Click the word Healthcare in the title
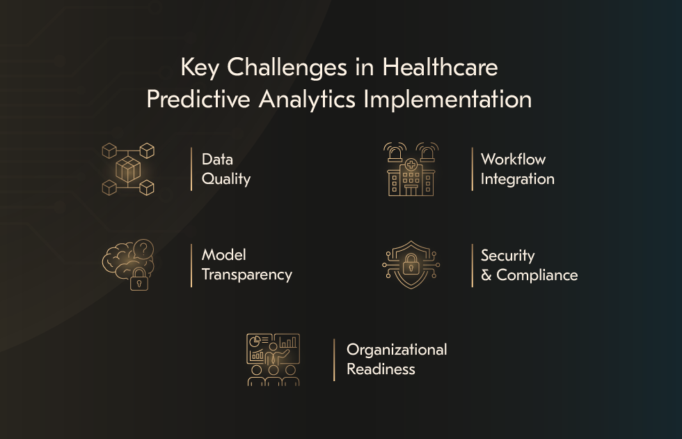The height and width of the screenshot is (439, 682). pyautogui.click(x=441, y=68)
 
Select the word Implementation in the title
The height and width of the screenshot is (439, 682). pyautogui.click(x=448, y=99)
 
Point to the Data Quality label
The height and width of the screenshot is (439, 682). pyautogui.click(x=225, y=169)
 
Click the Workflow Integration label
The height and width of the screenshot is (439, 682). pyautogui.click(x=517, y=169)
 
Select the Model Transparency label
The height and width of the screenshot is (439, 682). pyautogui.click(x=246, y=265)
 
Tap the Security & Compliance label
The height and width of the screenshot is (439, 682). pyautogui.click(x=529, y=265)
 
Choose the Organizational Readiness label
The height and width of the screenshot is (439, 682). pyautogui.click(x=397, y=360)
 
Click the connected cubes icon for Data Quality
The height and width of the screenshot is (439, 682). pyautogui.click(x=128, y=169)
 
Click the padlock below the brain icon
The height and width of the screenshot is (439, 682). pyautogui.click(x=139, y=281)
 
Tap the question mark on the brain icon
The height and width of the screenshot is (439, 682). pyautogui.click(x=144, y=248)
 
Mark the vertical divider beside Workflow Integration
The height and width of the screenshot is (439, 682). pyautogui.click(x=472, y=169)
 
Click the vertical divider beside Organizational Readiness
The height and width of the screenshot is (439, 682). pyautogui.click(x=334, y=360)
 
